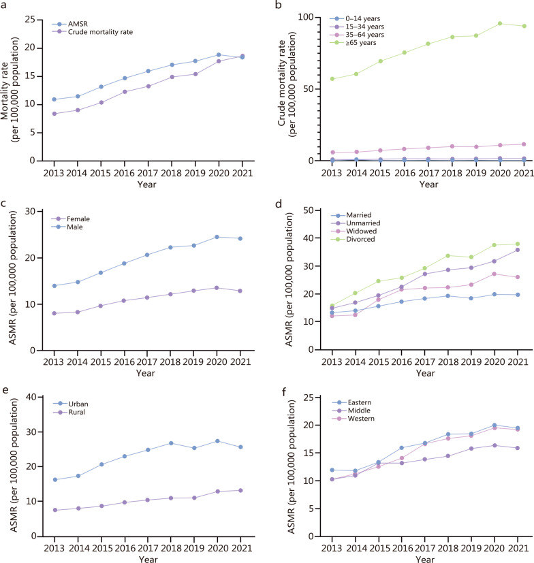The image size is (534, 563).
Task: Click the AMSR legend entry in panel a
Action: pos(70,24)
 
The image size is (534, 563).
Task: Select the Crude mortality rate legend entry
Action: pos(93,32)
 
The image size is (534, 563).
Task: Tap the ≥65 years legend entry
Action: pos(354,43)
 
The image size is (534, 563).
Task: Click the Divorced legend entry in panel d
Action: pos(353,239)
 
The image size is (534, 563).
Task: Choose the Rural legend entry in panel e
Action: pos(69,412)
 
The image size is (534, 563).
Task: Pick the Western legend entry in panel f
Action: pos(354,419)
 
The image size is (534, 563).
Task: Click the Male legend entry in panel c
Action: pos(67,227)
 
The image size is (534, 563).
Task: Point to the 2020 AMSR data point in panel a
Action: pos(219,55)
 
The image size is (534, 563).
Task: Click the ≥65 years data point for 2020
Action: pos(500,23)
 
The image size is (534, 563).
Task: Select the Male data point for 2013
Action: pos(54,286)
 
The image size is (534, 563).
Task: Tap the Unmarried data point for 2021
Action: pos(518,250)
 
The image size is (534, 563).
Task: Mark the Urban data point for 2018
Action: pos(171,443)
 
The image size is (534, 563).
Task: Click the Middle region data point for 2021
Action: pos(518,448)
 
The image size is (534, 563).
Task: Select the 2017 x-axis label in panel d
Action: pos(425,361)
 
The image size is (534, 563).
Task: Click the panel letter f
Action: pos(284,391)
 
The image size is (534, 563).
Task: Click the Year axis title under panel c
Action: pos(146,373)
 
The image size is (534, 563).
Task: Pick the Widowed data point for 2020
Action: pos(494,274)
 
